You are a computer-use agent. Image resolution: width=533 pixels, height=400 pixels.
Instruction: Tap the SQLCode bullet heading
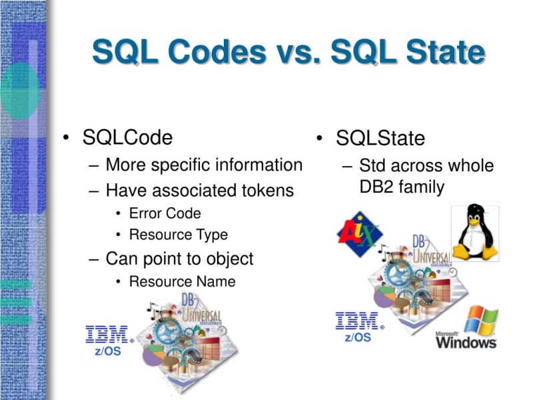pyautogui.click(x=127, y=137)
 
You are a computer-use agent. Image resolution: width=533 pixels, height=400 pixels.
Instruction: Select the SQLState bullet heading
pyautogui.click(x=380, y=139)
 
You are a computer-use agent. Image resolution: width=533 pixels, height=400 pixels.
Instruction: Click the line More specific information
pyautogui.click(x=204, y=165)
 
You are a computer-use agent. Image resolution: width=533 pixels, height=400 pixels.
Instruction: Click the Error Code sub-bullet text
pyautogui.click(x=165, y=213)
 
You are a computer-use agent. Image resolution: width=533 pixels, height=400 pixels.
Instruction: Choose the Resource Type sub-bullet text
pyautogui.click(x=178, y=235)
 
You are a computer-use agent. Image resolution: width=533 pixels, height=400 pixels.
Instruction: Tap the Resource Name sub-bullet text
pyautogui.click(x=182, y=281)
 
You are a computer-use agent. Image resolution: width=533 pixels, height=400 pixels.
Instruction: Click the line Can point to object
pyautogui.click(x=179, y=259)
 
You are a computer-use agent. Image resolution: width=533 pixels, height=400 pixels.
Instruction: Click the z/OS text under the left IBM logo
pyautogui.click(x=108, y=351)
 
